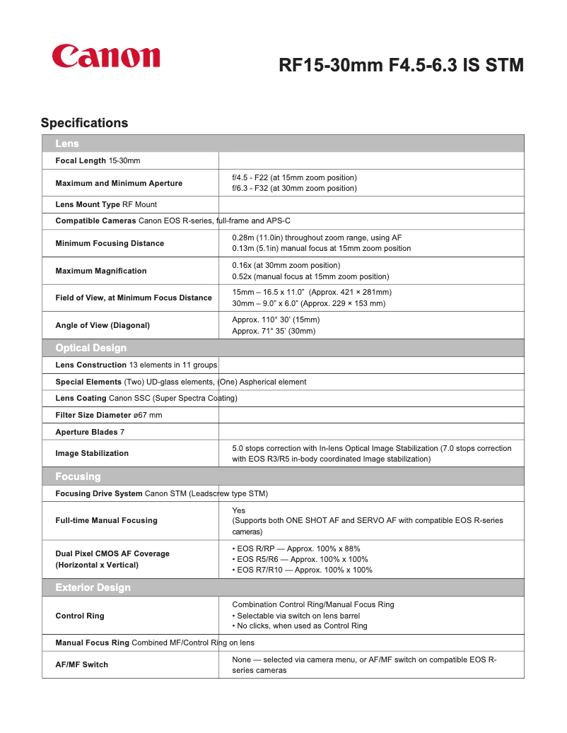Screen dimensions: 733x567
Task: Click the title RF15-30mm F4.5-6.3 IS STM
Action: (401, 66)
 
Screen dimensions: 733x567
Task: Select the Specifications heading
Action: (84, 123)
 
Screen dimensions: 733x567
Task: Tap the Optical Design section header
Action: (90, 348)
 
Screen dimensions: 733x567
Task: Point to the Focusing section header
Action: (78, 476)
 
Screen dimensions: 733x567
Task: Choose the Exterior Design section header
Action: (93, 587)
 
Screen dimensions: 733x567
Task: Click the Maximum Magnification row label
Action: (101, 271)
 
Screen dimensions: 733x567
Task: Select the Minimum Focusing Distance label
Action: (110, 243)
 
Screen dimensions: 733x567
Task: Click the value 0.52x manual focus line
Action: (310, 276)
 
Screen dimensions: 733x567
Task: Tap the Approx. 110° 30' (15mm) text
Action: (276, 319)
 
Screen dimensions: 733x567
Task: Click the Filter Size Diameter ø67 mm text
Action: (109, 415)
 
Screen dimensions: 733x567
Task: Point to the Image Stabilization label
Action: (92, 453)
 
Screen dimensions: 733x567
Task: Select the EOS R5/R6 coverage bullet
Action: (303, 559)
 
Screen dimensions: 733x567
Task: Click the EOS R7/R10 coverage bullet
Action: (304, 570)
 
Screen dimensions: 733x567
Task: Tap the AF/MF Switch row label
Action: (81, 664)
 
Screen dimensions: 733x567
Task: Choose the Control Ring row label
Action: (79, 616)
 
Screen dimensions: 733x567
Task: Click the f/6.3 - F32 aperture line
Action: (294, 188)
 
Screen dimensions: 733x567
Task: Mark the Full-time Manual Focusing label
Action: (106, 520)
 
